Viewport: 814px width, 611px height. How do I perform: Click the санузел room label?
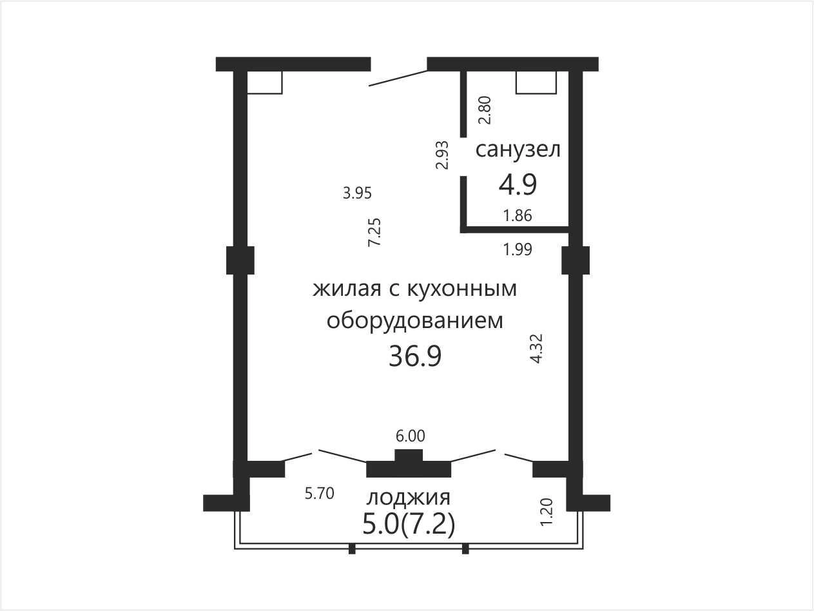518,150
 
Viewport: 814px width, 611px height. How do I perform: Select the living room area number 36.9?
415,356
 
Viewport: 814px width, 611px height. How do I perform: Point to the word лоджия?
409,498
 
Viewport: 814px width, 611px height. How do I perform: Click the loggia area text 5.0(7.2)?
409,525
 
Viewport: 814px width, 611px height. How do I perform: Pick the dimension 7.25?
374,233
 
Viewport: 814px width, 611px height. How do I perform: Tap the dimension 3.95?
357,193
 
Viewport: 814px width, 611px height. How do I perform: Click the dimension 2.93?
441,155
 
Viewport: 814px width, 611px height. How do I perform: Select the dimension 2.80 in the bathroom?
485,110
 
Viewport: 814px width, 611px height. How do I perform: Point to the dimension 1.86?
518,215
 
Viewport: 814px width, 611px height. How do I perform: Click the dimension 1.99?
518,249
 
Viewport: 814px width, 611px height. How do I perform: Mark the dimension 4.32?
537,349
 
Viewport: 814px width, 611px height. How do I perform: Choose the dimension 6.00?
410,436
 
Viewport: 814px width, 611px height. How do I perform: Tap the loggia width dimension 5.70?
320,494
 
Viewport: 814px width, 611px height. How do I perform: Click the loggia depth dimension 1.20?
547,512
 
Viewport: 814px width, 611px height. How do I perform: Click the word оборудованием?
414,321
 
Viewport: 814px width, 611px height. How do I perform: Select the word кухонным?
462,289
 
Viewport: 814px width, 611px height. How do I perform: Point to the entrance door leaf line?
398,78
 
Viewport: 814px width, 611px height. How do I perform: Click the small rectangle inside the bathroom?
536,82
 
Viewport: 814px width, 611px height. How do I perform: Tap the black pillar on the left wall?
240,260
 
